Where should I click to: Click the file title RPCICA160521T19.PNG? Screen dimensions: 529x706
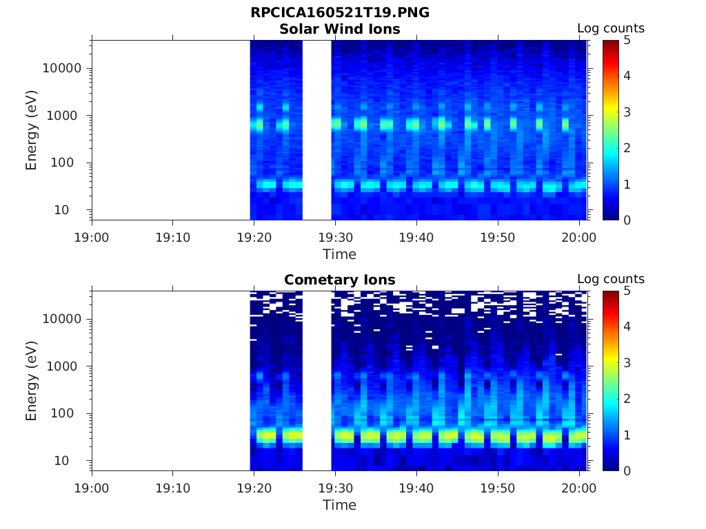(340, 12)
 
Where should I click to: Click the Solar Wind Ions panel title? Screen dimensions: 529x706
(340, 29)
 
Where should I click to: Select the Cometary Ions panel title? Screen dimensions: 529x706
(340, 280)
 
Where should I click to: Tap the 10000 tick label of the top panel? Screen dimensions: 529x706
(62, 68)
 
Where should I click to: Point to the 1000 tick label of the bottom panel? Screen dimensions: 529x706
(66, 366)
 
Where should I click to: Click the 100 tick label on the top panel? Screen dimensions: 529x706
(70, 163)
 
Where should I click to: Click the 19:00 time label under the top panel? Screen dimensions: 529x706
(92, 238)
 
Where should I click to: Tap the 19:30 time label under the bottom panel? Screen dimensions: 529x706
(335, 488)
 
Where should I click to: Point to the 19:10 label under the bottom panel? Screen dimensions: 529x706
(172, 488)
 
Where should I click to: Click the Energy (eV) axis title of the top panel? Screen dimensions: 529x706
(32, 129)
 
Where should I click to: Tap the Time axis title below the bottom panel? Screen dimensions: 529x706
(340, 505)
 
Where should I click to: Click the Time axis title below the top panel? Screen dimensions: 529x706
(340, 254)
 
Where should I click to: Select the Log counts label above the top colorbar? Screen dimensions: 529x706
(610, 28)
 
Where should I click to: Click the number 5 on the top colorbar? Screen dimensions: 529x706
(626, 40)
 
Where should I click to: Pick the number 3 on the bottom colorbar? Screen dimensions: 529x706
(626, 363)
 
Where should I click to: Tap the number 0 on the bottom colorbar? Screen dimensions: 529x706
(626, 470)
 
